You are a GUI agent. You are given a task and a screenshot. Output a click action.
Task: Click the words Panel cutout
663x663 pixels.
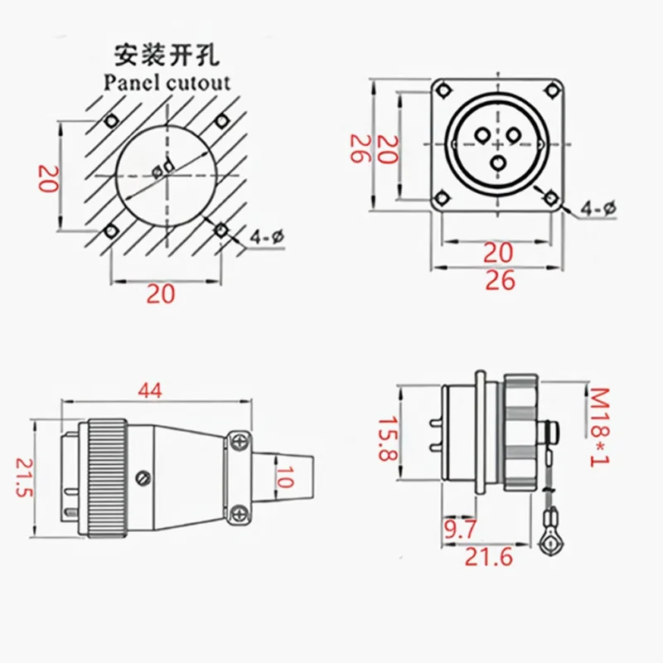166,81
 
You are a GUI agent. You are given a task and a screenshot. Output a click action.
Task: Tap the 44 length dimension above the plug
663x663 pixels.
149,390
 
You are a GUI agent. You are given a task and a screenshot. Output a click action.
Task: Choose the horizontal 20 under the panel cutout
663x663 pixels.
161,293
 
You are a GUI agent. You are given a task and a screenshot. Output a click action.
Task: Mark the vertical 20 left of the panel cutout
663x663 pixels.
48,177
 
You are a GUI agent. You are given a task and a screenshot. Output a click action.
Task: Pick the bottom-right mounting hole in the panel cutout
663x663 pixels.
220,230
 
